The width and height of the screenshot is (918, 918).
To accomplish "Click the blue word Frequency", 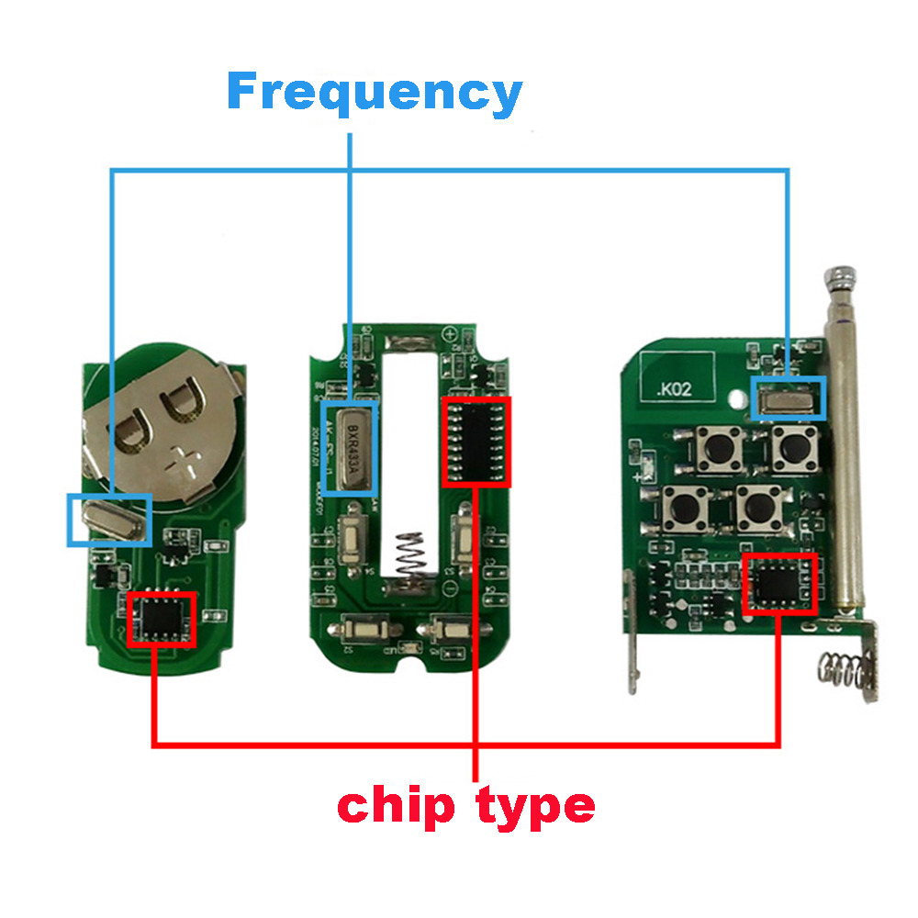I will (375, 94).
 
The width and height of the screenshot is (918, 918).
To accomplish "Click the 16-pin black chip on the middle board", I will (476, 442).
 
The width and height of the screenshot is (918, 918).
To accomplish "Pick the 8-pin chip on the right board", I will (779, 584).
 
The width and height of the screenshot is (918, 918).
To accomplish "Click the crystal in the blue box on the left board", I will (109, 520).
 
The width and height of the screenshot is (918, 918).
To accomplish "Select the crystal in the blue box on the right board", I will (789, 397).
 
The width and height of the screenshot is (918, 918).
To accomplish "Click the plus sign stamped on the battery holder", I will (189, 456).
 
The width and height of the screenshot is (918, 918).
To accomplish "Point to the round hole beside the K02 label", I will (737, 399).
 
